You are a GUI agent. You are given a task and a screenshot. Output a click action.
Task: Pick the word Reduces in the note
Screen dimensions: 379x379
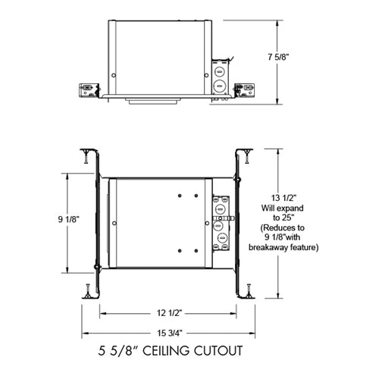pyautogui.click(x=285, y=227)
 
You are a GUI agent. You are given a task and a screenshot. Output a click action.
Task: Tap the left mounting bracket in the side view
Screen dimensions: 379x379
pyautogui.click(x=89, y=89)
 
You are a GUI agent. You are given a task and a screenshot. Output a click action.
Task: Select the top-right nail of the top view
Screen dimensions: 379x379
pyautogui.click(x=247, y=157)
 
